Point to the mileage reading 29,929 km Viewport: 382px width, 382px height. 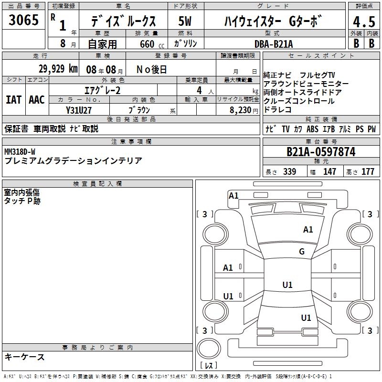[57, 69]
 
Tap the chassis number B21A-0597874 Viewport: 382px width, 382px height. [320, 152]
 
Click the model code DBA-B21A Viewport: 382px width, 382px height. [274, 43]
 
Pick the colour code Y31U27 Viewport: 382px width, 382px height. [79, 110]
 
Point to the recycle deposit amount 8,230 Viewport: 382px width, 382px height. [241, 110]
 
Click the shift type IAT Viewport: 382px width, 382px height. [13, 100]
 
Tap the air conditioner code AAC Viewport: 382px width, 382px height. [37, 100]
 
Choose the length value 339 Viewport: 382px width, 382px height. [289, 172]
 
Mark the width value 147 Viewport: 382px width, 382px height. [329, 172]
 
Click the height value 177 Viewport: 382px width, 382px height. [368, 172]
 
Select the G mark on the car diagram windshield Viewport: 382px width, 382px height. [301, 252]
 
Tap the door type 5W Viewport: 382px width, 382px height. [186, 21]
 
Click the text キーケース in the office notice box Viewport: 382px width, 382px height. [24, 357]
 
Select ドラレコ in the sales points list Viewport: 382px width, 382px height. [277, 110]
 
